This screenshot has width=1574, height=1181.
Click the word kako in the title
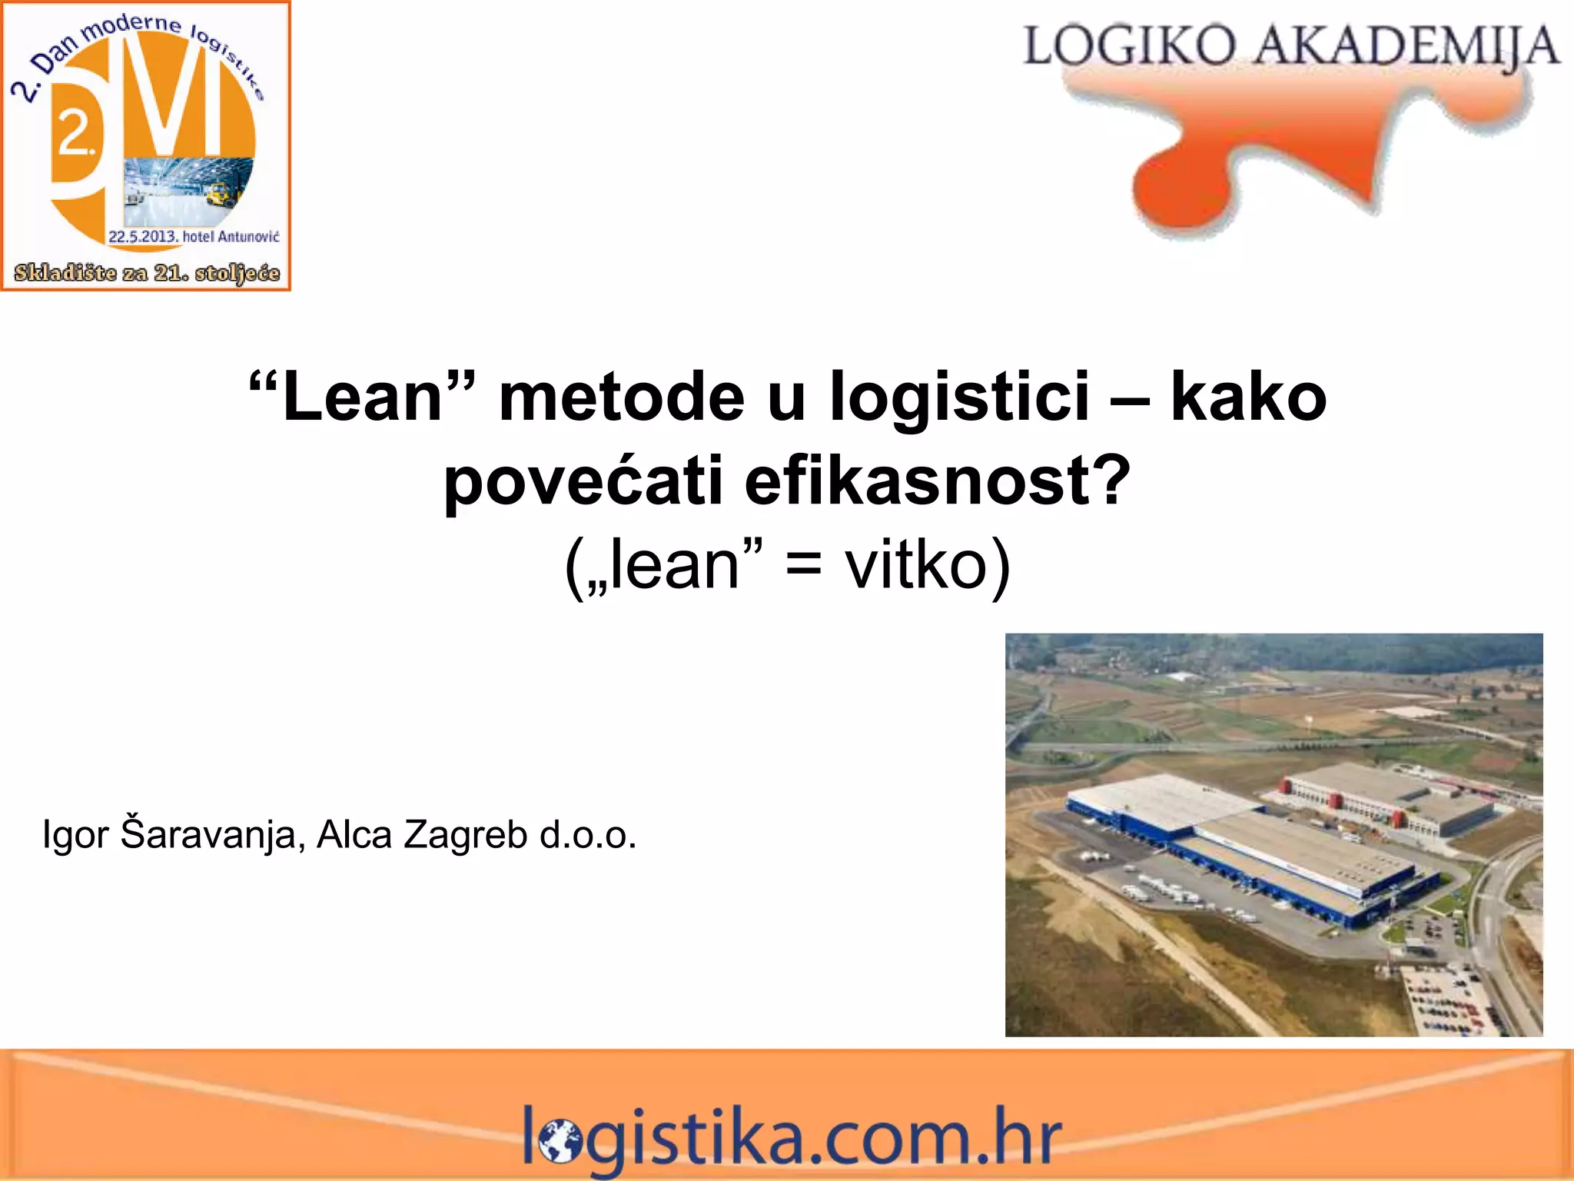pyautogui.click(x=1248, y=398)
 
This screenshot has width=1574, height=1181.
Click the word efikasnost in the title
pyautogui.click(x=922, y=481)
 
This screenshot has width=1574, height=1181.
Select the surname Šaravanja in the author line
pyautogui.click(x=208, y=834)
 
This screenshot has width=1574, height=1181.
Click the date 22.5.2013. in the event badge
pyautogui.click(x=143, y=236)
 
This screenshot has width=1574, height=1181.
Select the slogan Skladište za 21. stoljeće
pyautogui.click(x=147, y=273)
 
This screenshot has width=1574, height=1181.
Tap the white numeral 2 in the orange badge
pyautogui.click(x=75, y=134)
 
